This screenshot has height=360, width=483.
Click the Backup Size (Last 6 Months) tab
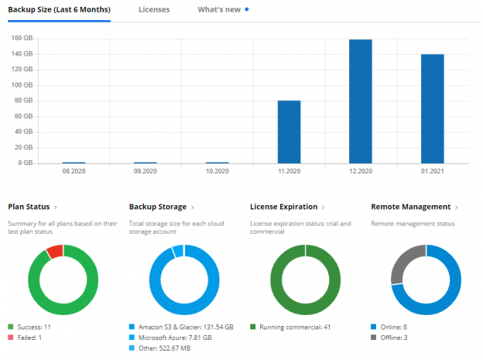point(59,10)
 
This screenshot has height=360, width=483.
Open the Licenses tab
point(154,10)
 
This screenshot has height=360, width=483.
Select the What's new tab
point(218,10)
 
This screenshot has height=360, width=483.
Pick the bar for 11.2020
point(289,132)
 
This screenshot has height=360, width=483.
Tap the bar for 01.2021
point(433,108)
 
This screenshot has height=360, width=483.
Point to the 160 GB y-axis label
point(22,38)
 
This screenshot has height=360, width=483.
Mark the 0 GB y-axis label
point(23,163)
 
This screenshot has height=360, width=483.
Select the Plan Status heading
point(29,207)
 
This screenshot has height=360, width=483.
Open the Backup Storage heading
point(158,207)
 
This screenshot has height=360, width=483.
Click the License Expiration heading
point(284,207)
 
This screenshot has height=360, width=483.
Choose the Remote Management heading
point(411,207)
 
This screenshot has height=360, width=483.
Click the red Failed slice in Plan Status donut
point(54,251)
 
